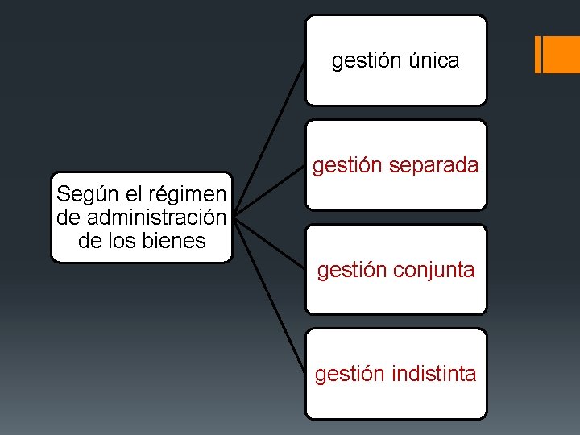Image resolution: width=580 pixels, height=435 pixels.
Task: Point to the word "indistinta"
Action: pyautogui.click(x=434, y=374)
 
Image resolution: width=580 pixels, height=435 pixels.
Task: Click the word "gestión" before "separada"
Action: pyautogui.click(x=342, y=166)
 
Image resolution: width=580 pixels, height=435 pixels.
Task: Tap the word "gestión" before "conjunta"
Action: pyautogui.click(x=346, y=271)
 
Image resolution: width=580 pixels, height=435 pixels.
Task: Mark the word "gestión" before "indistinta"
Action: pyautogui.click(x=344, y=375)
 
